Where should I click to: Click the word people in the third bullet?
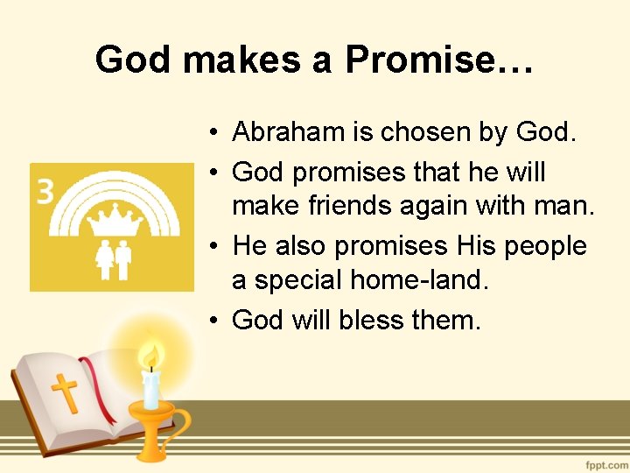coord(544,245)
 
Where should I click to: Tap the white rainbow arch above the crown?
coord(111,186)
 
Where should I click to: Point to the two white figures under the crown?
coord(111,259)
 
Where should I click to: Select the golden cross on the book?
coord(65,393)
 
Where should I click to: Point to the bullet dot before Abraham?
coord(213,133)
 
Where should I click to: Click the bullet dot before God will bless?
coord(213,321)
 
